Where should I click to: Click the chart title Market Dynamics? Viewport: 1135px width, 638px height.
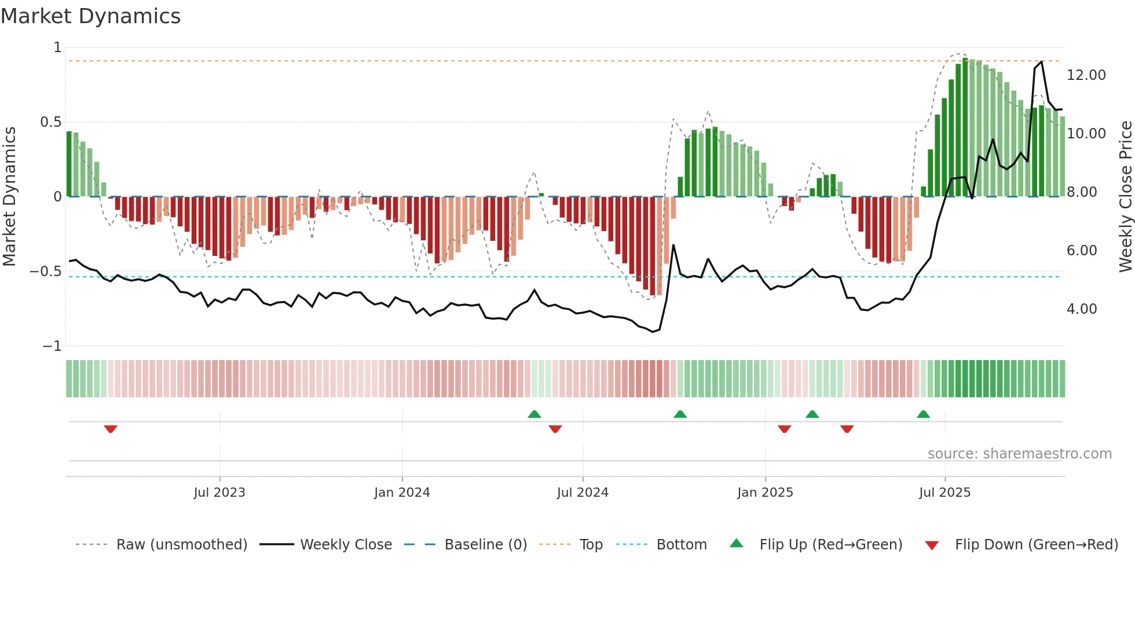pos(91,16)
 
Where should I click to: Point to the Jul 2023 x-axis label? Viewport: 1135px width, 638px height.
pos(219,493)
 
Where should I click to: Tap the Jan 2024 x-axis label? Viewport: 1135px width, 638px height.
pos(402,493)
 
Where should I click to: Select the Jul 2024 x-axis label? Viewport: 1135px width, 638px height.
pos(583,493)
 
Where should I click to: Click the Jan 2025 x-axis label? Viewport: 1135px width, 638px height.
pos(765,493)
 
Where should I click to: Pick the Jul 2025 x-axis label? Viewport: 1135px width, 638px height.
pos(944,493)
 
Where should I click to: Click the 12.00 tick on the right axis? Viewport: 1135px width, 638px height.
pos(1086,75)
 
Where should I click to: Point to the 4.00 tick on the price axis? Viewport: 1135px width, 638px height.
pos(1082,309)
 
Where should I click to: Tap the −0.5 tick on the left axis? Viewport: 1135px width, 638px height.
pos(46,272)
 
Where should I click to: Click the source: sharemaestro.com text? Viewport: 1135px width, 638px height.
pos(1019,454)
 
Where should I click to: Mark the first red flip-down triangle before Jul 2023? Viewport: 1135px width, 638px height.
pos(111,429)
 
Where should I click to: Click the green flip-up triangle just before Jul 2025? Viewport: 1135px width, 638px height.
pos(923,414)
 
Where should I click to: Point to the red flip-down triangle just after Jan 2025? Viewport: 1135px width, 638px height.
pos(785,429)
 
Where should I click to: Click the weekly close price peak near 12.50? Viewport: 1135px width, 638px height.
pos(1041,62)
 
